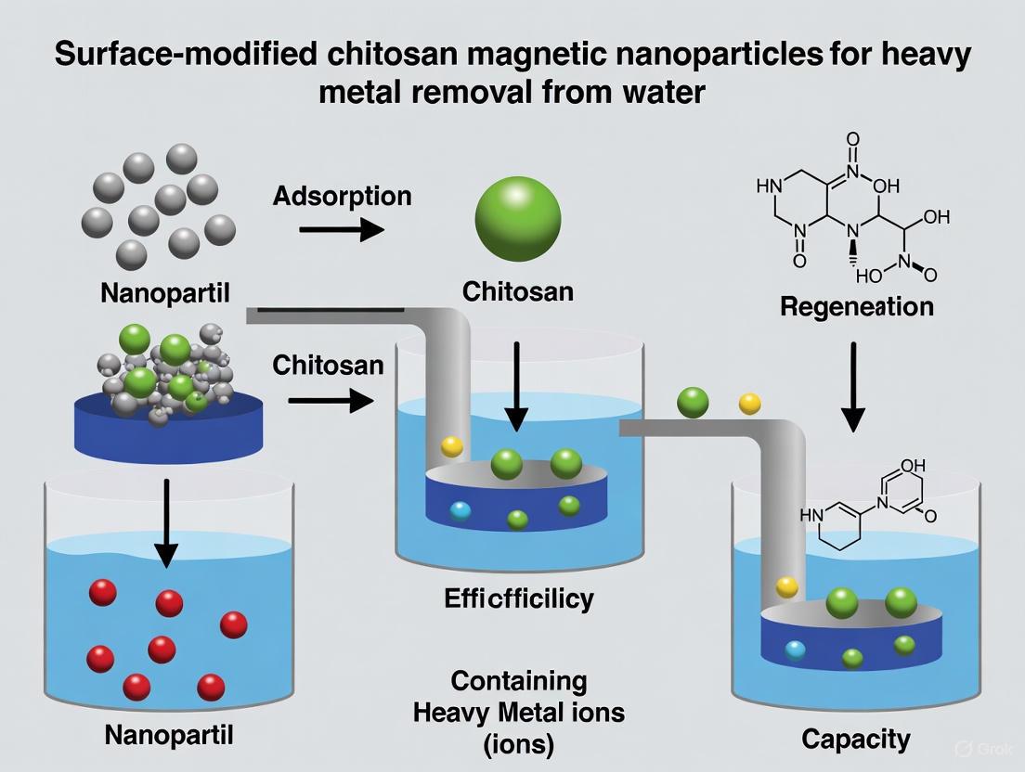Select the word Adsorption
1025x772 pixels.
click(x=342, y=196)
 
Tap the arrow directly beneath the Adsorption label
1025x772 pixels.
click(x=342, y=230)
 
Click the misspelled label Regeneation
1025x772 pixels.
click(x=856, y=306)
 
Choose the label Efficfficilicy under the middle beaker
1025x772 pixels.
click(x=518, y=598)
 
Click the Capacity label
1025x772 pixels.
click(x=856, y=739)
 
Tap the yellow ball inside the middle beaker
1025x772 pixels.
click(x=452, y=446)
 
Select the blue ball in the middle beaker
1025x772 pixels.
click(x=460, y=510)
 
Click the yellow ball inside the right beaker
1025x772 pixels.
click(x=786, y=586)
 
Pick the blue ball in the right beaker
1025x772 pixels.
click(x=795, y=650)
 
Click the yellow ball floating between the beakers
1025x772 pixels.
click(x=749, y=404)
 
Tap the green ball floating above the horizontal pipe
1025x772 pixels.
click(x=693, y=402)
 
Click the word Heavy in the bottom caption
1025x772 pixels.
click(x=455, y=714)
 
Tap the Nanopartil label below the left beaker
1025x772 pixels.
click(x=168, y=735)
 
